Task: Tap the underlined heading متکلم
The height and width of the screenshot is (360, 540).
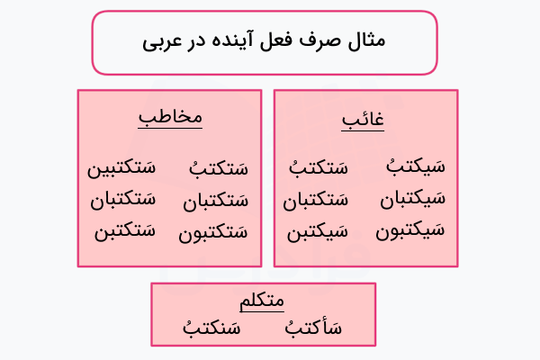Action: (x=263, y=301)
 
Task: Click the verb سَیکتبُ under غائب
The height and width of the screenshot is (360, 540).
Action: (x=415, y=167)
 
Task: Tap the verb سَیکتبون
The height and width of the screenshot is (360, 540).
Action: (x=409, y=230)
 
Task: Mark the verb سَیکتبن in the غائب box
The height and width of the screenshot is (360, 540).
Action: (x=318, y=232)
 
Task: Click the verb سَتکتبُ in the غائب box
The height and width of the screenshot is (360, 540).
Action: (x=318, y=167)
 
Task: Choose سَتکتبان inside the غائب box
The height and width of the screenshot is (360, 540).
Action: (x=315, y=200)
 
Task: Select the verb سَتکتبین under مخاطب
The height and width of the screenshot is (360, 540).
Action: (x=121, y=167)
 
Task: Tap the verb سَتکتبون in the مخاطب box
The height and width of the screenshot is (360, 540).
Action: (x=212, y=232)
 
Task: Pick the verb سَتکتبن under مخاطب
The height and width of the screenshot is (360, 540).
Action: (x=124, y=230)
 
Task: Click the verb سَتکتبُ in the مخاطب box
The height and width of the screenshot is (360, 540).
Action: (x=218, y=167)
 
